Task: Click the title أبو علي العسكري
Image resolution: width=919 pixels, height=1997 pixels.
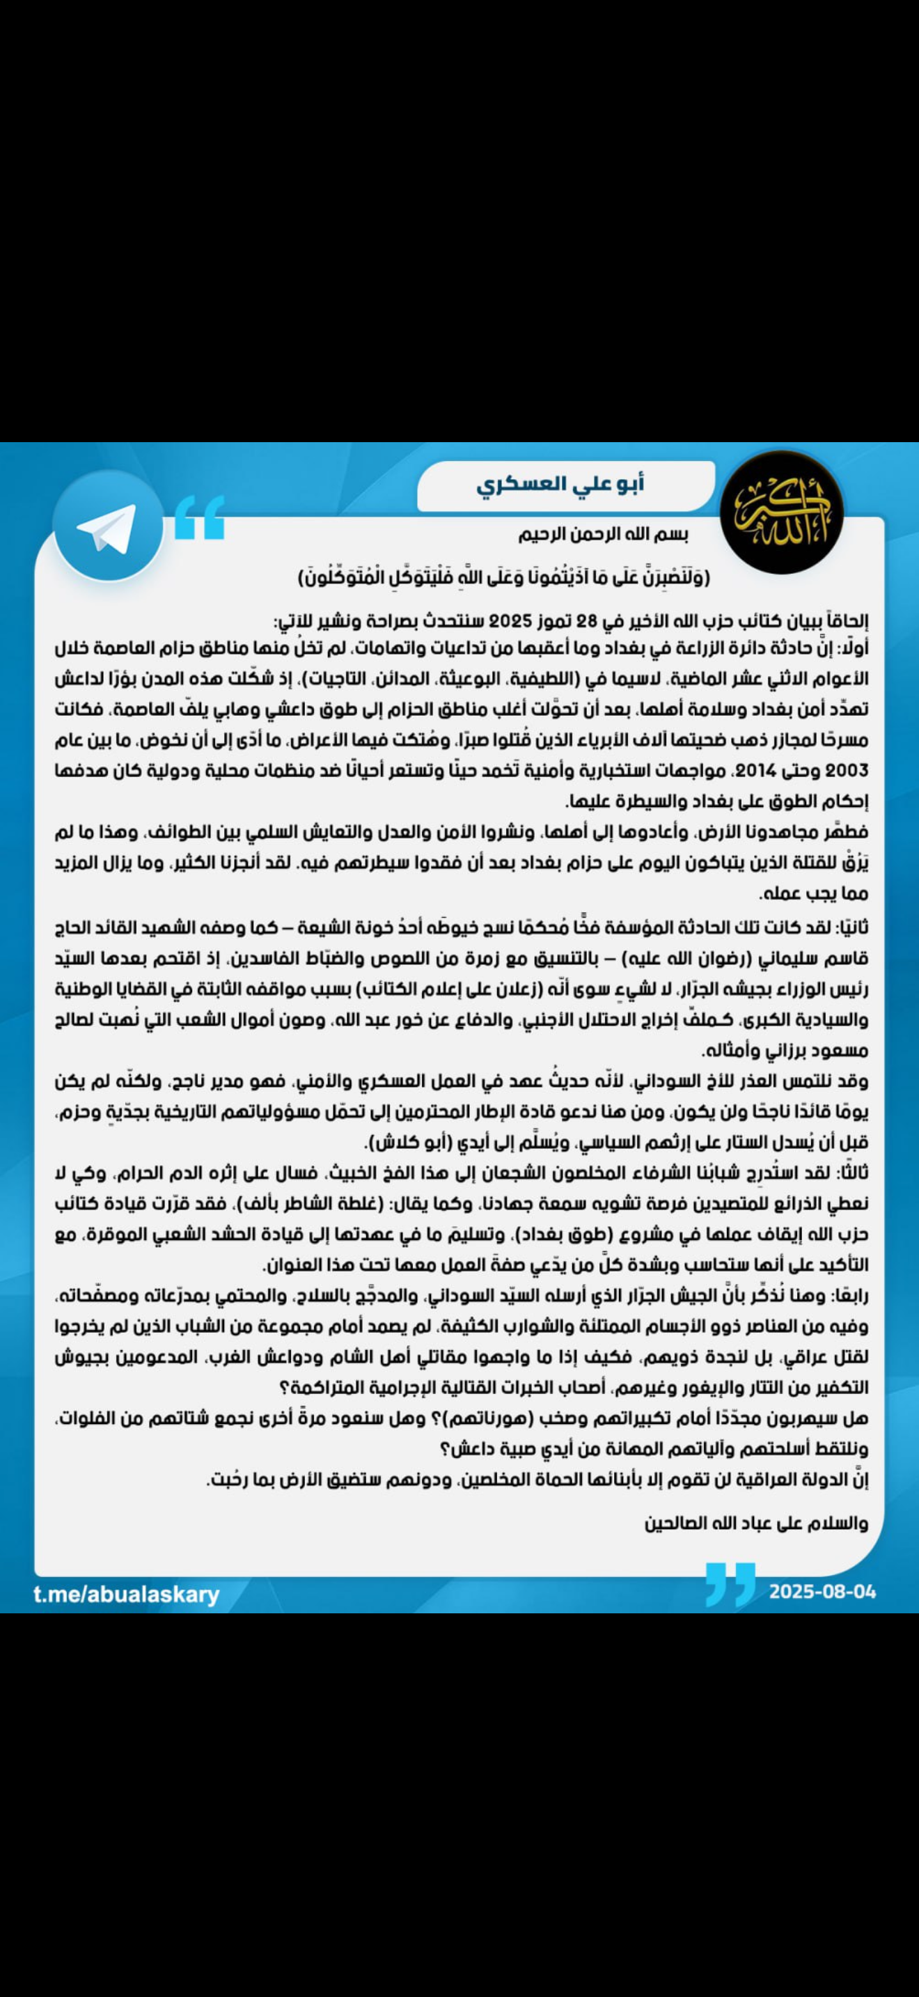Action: point(560,485)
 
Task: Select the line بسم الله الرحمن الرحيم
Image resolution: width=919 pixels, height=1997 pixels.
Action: point(604,534)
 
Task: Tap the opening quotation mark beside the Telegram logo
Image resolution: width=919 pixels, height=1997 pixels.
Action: point(199,517)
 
